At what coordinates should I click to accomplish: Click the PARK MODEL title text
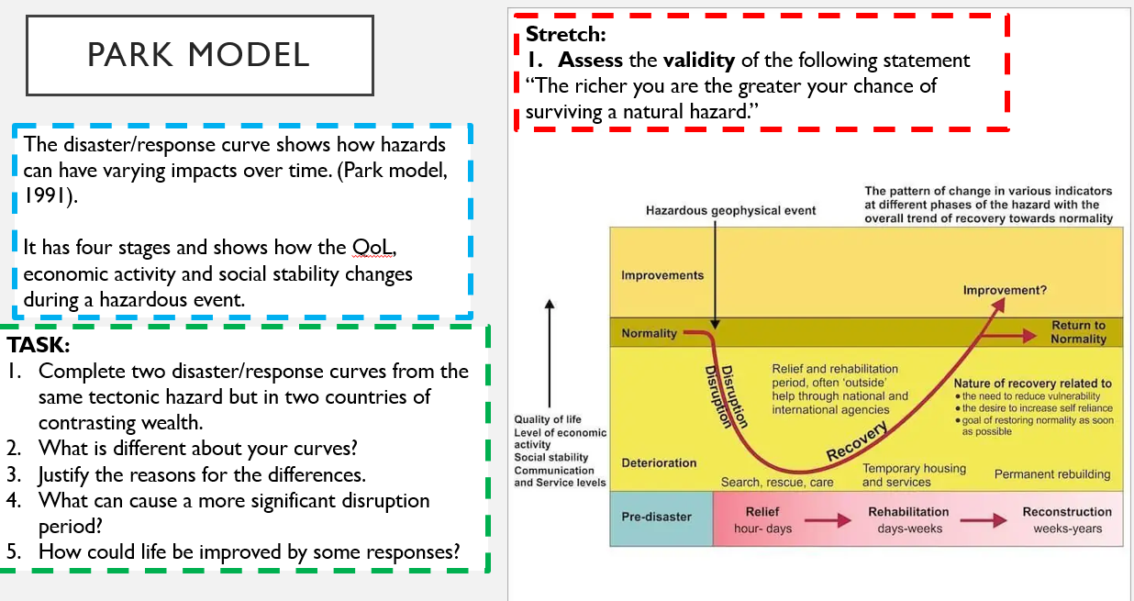coord(198,55)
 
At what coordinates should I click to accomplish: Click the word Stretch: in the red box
coord(565,35)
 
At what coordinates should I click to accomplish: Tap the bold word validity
coord(698,61)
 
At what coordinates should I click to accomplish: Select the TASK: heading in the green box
coord(38,345)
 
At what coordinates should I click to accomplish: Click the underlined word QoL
coord(373,247)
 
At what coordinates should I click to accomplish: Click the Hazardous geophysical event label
coord(730,211)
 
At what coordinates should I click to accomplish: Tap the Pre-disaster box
coord(661,518)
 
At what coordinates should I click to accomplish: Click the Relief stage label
coord(762,512)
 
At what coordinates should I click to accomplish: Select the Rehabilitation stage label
coord(908,512)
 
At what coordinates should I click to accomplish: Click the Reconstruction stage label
coord(1067,512)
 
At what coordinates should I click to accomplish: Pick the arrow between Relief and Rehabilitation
coord(828,520)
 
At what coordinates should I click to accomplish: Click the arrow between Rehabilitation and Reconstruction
coord(984,520)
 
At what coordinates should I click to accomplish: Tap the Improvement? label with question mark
coord(1005,290)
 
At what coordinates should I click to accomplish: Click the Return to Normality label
coord(1078,332)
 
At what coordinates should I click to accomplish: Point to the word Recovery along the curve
coord(857,440)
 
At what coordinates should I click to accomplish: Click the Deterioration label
coord(659,462)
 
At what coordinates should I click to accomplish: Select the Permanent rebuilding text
coord(1052,474)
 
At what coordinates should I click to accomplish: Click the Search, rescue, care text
coord(777,482)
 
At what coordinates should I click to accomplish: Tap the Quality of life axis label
coord(548,419)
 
